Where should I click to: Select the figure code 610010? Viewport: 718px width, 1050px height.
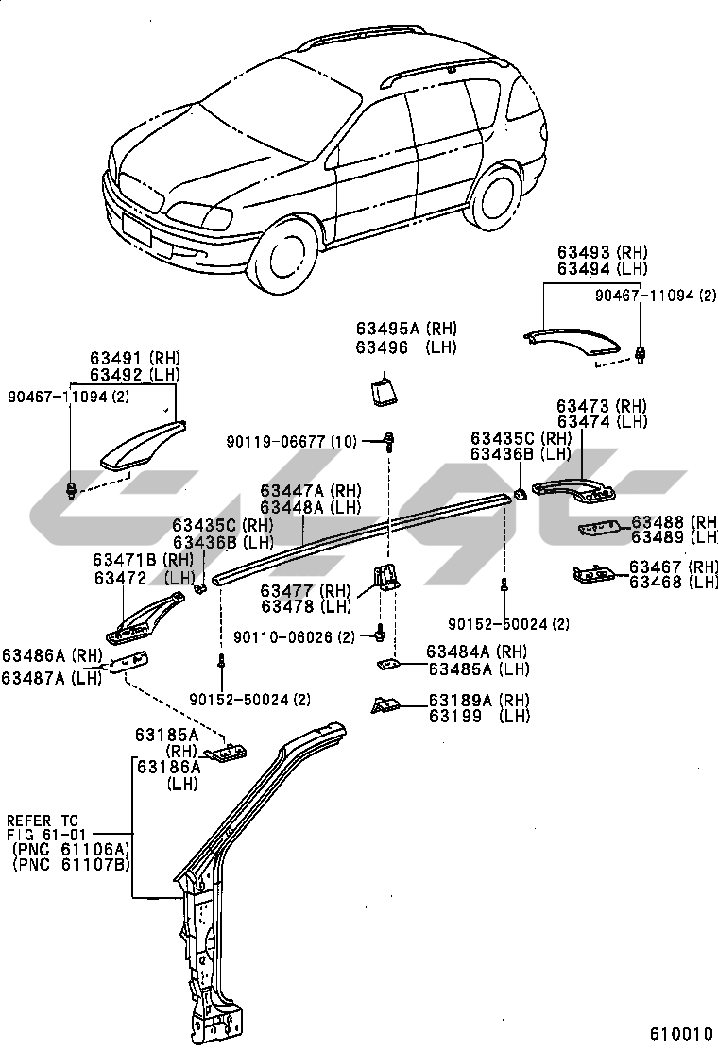click(680, 1032)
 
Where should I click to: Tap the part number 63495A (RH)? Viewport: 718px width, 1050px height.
click(406, 330)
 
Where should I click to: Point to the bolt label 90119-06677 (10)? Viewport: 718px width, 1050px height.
click(290, 441)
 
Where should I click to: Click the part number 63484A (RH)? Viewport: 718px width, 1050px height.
click(477, 652)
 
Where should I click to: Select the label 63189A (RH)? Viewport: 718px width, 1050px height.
click(479, 701)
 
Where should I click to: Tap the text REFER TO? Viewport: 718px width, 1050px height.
click(43, 821)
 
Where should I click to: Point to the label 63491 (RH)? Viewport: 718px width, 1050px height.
click(135, 359)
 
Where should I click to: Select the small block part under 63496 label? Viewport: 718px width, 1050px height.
click(384, 390)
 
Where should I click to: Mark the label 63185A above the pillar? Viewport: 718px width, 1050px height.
click(166, 734)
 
